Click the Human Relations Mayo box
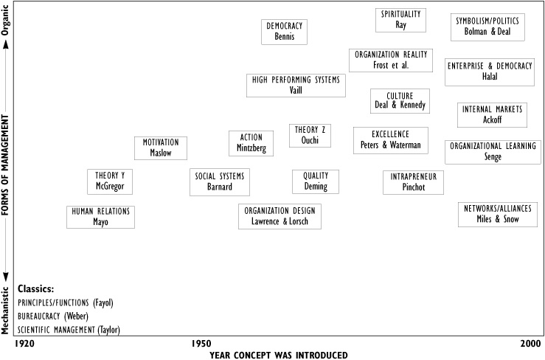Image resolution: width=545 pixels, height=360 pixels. pos(101,216)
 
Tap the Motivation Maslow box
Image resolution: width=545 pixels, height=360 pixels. pos(161,148)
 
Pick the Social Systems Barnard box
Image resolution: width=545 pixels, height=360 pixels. pos(220,181)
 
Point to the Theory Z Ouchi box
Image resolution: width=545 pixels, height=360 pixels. pos(310,136)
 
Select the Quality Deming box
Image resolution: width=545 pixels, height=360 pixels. pos(316,181)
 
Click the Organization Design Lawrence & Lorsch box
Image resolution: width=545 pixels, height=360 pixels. pos(280,216)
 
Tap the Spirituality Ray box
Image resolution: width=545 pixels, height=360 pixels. pos(400,20)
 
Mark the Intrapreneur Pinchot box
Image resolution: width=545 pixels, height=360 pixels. pos(413,181)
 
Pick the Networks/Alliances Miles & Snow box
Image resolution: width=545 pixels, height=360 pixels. pos(497,213)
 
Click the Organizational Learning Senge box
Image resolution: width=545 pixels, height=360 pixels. pos(493,151)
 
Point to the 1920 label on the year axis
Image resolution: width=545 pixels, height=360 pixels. pos(24,344)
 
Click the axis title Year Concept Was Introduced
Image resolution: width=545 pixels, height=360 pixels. pos(278,354)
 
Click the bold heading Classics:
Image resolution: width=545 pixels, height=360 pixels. pos(36,288)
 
